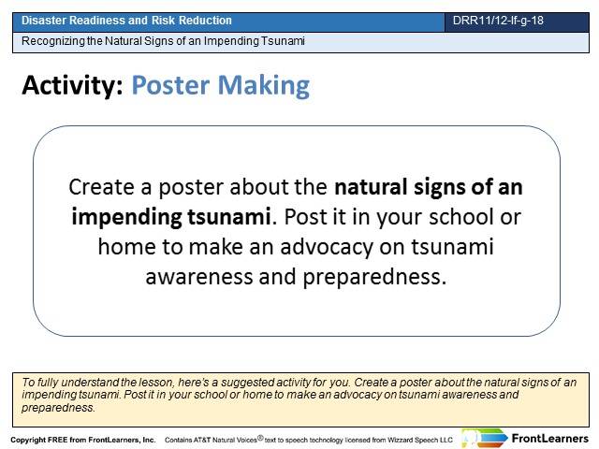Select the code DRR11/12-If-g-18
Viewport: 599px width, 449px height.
pyautogui.click(x=498, y=21)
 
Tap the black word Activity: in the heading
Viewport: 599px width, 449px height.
pyautogui.click(x=73, y=85)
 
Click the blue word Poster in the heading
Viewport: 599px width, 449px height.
pyautogui.click(x=170, y=85)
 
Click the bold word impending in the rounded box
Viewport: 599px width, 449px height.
pyautogui.click(x=126, y=218)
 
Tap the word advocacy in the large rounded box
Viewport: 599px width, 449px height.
pyautogui.click(x=327, y=247)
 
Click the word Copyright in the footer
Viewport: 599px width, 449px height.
pyautogui.click(x=28, y=441)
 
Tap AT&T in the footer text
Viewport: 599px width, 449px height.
pyautogui.click(x=201, y=440)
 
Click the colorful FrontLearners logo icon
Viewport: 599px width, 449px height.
pyautogui.click(x=484, y=438)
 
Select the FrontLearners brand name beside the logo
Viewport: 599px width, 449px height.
pyautogui.click(x=549, y=439)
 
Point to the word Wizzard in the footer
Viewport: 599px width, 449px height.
pyautogui.click(x=399, y=440)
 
